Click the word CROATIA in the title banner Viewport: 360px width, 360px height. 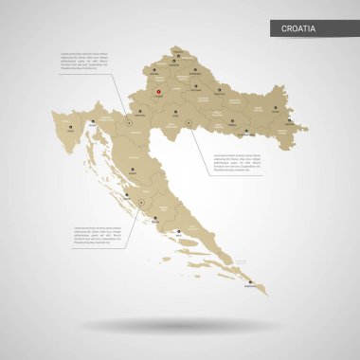click(x=299, y=29)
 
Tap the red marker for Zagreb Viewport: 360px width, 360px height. click(x=159, y=92)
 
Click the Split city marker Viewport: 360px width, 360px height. click(x=156, y=218)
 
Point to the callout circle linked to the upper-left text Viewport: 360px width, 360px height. click(x=130, y=121)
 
